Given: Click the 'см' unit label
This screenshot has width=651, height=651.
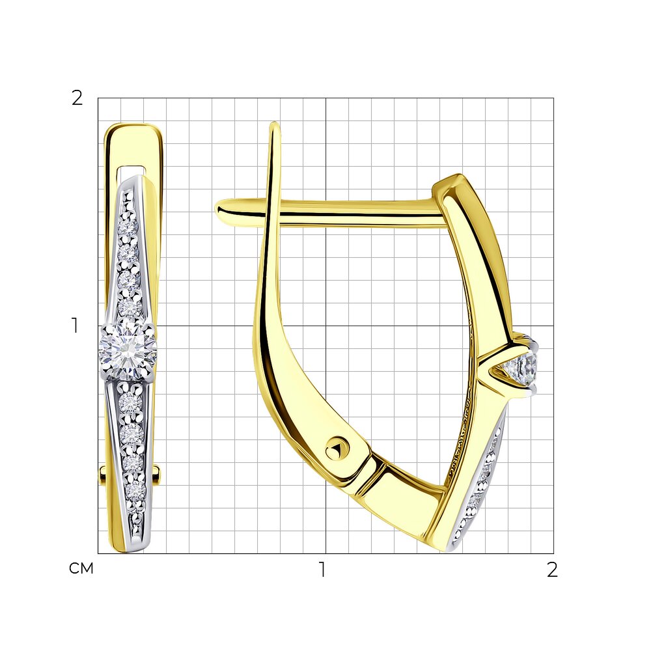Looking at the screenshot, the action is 81,568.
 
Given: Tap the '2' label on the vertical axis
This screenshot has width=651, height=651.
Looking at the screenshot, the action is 77,98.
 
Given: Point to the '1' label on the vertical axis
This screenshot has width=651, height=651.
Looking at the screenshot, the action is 75,325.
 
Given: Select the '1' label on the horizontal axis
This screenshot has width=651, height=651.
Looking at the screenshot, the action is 322,570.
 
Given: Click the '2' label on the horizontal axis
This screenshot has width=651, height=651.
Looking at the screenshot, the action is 552,570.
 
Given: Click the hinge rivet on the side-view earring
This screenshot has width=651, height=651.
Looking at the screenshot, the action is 337,449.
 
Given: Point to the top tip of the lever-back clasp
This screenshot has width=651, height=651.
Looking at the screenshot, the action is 274,124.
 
